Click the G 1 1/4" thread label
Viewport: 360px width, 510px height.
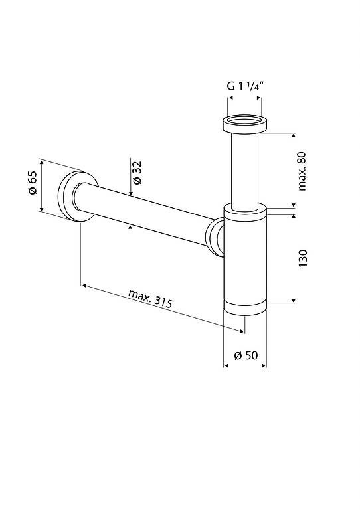244,86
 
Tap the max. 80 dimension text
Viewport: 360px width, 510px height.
302,171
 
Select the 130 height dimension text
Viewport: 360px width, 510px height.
302,258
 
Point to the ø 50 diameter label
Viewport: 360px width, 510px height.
246,355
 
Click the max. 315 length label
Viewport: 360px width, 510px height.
150,298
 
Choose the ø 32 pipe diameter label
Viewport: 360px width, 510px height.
137,173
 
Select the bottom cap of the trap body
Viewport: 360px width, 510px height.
245,309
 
